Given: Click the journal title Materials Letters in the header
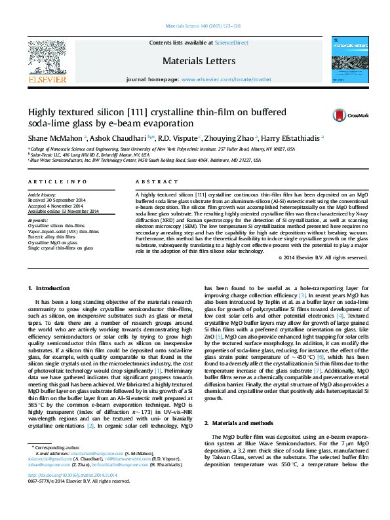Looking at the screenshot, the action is pos(199,61).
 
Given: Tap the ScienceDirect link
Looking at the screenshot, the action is pos(231,43).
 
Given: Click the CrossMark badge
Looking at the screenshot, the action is pos(347,115).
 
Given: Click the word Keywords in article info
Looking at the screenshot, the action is pos(38,221).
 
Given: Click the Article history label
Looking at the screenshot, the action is pos(42,195).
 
